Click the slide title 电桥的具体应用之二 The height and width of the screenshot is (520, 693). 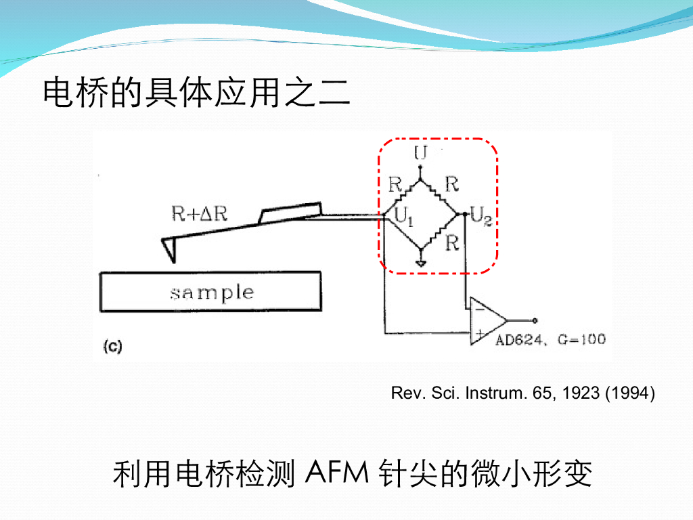[197, 93]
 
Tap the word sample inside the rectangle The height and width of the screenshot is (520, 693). [211, 292]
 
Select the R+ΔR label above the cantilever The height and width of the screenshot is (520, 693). [199, 213]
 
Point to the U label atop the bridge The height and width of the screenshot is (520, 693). [420, 153]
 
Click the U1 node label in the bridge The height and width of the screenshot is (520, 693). [403, 217]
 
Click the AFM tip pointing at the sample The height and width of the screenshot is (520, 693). [170, 250]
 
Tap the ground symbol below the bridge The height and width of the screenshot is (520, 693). [421, 262]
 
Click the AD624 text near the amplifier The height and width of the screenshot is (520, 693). [520, 339]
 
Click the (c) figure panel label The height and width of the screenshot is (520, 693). [112, 347]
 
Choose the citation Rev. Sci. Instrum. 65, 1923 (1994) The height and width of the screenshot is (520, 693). [522, 393]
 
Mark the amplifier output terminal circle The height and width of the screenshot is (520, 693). [535, 320]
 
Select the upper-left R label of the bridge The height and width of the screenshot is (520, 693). [395, 183]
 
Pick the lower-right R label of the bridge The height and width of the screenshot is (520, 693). [452, 243]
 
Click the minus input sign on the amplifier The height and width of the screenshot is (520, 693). [479, 309]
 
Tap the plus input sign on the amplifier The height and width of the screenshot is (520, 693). [479, 333]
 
